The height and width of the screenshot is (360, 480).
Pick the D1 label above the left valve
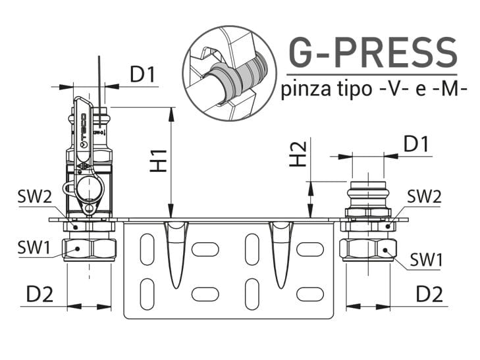pyautogui.click(x=142, y=75)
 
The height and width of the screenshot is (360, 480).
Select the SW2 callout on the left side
pyautogui.click(x=33, y=197)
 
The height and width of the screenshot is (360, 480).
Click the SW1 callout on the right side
pyautogui.click(x=426, y=260)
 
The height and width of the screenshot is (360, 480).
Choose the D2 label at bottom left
pyautogui.click(x=40, y=295)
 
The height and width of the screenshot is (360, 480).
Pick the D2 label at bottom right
pyautogui.click(x=429, y=294)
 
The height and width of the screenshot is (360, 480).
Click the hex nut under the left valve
pyautogui.click(x=89, y=249)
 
